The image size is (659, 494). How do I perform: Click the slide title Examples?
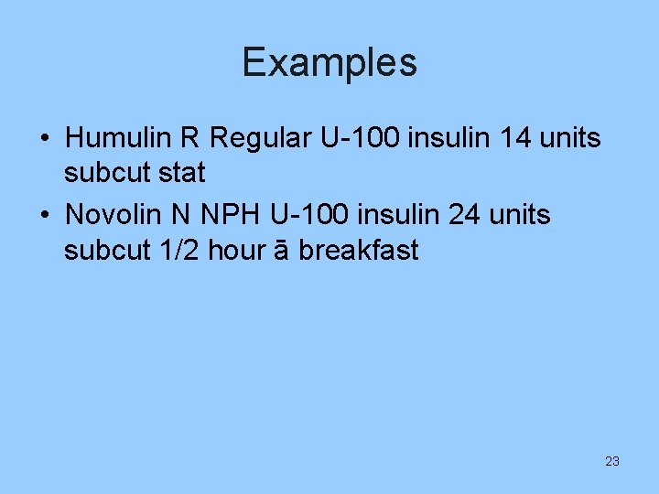pyautogui.click(x=329, y=63)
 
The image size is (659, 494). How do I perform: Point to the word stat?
pyautogui.click(x=182, y=172)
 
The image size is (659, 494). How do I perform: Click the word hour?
pyautogui.click(x=240, y=250)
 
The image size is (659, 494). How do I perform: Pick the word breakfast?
pyautogui.click(x=360, y=250)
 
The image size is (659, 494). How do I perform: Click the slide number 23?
pyautogui.click(x=612, y=461)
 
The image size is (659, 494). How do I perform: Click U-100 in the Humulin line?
pyautogui.click(x=361, y=138)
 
